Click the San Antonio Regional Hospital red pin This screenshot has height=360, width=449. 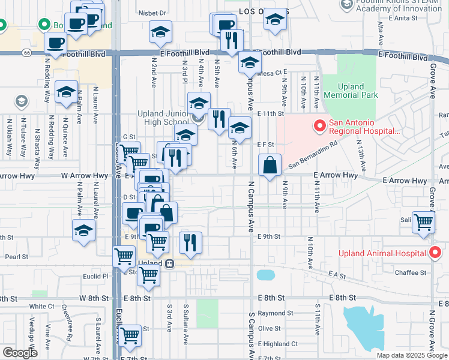tap(319, 127)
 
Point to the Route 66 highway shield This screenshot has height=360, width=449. tap(26, 53)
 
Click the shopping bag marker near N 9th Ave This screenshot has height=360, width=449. tap(270, 165)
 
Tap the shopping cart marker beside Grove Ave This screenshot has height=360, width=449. tap(423, 223)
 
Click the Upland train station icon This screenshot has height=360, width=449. tap(170, 263)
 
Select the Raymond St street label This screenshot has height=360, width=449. tap(276, 313)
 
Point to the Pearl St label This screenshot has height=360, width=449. tap(17, 256)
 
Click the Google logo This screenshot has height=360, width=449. tap(20, 353)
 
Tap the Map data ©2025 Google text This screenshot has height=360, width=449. tap(411, 355)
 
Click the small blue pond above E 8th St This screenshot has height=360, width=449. tap(264, 275)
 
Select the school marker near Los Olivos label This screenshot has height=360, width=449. tap(275, 21)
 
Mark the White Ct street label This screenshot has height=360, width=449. tap(43, 306)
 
